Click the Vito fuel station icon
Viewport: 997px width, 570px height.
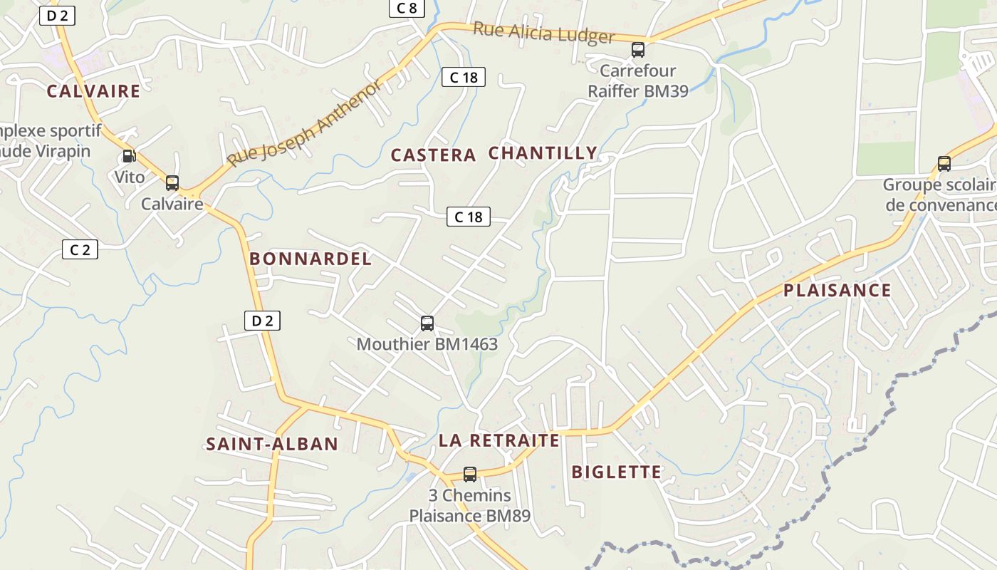click(x=129, y=156)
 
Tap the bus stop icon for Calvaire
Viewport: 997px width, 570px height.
click(x=172, y=182)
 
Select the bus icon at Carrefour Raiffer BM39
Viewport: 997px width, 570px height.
click(x=638, y=50)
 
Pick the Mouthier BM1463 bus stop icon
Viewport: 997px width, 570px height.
click(x=427, y=323)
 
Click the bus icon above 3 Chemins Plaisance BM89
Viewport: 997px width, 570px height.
click(x=470, y=474)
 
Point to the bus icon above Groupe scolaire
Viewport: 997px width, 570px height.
click(x=944, y=163)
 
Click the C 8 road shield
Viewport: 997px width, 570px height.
click(x=407, y=8)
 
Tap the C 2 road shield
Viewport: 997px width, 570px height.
click(x=80, y=249)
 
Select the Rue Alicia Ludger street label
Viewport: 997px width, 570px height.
click(x=543, y=32)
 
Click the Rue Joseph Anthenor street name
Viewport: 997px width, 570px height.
click(x=304, y=123)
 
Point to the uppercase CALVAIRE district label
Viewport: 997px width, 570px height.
click(x=93, y=91)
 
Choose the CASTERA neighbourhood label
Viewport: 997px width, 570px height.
click(x=433, y=155)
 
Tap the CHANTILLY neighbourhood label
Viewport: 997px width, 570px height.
click(x=543, y=153)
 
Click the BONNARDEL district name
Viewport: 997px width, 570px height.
click(x=310, y=259)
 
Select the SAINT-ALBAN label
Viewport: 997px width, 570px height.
click(x=272, y=445)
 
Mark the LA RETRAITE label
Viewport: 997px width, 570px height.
click(x=499, y=440)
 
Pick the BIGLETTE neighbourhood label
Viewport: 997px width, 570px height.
click(x=617, y=472)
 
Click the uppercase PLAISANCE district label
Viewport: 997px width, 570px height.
click(x=837, y=290)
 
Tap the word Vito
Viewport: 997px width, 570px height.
click(x=130, y=177)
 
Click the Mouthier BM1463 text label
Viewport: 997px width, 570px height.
click(x=427, y=344)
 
